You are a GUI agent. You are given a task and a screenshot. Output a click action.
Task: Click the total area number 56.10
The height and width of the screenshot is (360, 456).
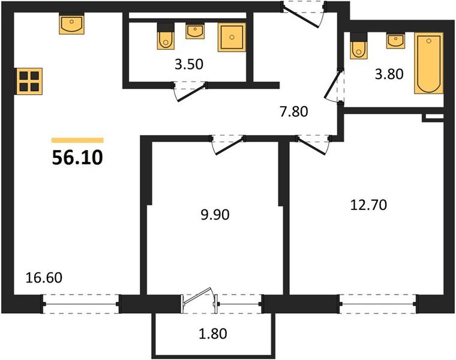(77, 158)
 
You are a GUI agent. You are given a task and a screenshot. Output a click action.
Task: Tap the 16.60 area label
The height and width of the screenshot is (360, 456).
(44, 278)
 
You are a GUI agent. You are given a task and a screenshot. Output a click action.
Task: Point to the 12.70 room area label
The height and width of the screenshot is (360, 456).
(368, 205)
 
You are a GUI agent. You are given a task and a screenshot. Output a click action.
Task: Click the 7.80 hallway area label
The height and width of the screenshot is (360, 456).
(294, 111)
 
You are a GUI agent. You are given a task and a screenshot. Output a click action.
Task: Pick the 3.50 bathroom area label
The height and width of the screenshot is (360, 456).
(188, 65)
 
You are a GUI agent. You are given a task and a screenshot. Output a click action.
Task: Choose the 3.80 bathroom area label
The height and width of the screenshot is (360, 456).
(388, 74)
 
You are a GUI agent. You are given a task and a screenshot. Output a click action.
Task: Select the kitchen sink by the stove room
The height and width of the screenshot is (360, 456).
(72, 25)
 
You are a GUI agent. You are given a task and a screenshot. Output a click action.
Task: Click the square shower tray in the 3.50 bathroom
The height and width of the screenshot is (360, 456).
(231, 38)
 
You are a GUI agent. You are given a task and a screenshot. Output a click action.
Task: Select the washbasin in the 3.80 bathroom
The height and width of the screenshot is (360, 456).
(395, 41)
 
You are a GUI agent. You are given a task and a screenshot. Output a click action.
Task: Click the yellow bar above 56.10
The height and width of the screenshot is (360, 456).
(77, 140)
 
